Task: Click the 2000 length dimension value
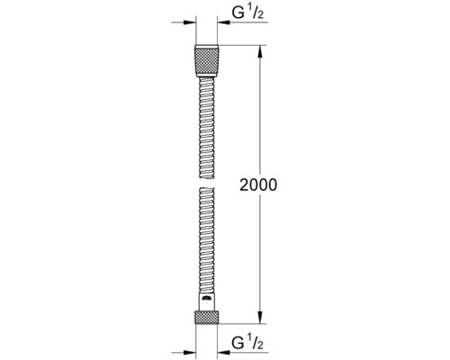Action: tap(258, 184)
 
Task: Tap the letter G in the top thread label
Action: tap(238, 13)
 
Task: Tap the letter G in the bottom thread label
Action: tap(238, 343)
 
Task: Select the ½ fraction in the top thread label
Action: tap(256, 13)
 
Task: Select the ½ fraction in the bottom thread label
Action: tap(256, 343)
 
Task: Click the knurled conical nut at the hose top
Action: tap(207, 61)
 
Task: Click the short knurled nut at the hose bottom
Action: tap(207, 318)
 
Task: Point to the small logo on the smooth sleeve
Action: tap(206, 298)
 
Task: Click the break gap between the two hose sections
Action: tap(207, 183)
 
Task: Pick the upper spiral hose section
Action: tap(207, 128)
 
